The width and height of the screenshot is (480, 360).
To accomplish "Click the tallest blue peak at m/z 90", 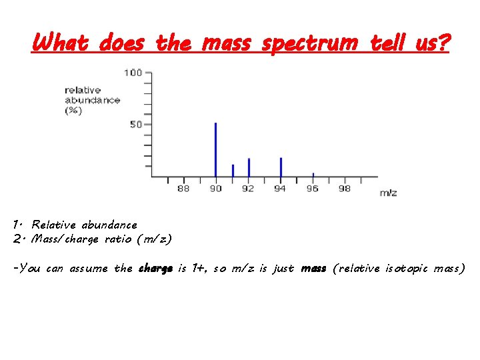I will point(215,150).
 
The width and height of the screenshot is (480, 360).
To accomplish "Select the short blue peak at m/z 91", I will point(233,171).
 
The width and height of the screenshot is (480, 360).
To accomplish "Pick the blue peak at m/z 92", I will point(249,167).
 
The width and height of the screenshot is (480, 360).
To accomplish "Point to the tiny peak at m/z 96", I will point(313,175).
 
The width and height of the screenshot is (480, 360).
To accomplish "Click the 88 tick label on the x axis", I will point(183,189).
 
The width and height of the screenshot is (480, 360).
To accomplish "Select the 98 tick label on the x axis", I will point(345,189).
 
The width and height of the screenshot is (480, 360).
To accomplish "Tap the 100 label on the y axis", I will point(133,73).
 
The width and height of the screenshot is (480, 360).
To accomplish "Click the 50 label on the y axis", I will point(136,125).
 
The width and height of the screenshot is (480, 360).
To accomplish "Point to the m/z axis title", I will point(388,193).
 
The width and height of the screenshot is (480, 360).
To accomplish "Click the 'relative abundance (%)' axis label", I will point(92,100).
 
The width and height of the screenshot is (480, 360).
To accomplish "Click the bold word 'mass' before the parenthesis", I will point(313,269).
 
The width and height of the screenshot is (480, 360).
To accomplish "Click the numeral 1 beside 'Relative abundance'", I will point(17,225).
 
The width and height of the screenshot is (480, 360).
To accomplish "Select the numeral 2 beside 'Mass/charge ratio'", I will point(17,239).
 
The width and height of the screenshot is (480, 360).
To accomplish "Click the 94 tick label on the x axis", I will point(280,189).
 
